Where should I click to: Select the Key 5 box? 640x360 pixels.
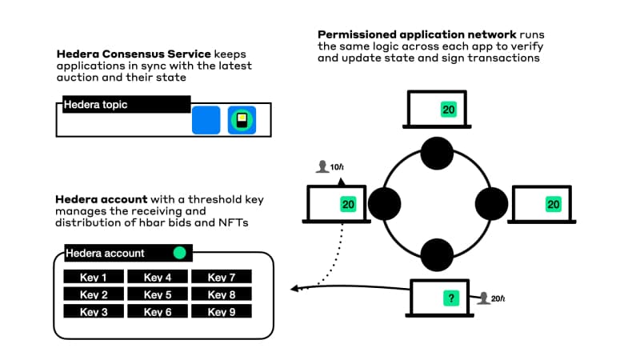pos(158,294)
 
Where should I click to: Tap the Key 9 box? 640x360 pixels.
pos(222,311)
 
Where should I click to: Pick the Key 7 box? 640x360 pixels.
pos(222,277)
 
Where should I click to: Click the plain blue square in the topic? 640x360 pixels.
pos(206,120)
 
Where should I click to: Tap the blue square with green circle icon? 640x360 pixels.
pos(242,120)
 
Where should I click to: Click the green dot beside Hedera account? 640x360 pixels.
pos(180,253)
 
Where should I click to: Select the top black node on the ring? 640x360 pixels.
pos(438,152)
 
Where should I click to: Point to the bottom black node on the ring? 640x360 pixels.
pos(438,254)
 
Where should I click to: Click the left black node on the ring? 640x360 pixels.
pos(384,203)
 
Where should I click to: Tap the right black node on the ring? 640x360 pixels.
pos(490,203)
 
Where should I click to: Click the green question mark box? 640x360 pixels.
pos(452,298)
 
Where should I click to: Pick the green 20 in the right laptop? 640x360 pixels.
pos(553,205)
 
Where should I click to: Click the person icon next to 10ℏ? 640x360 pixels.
pos(322,166)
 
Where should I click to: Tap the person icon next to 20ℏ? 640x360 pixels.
pos(482,298)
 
